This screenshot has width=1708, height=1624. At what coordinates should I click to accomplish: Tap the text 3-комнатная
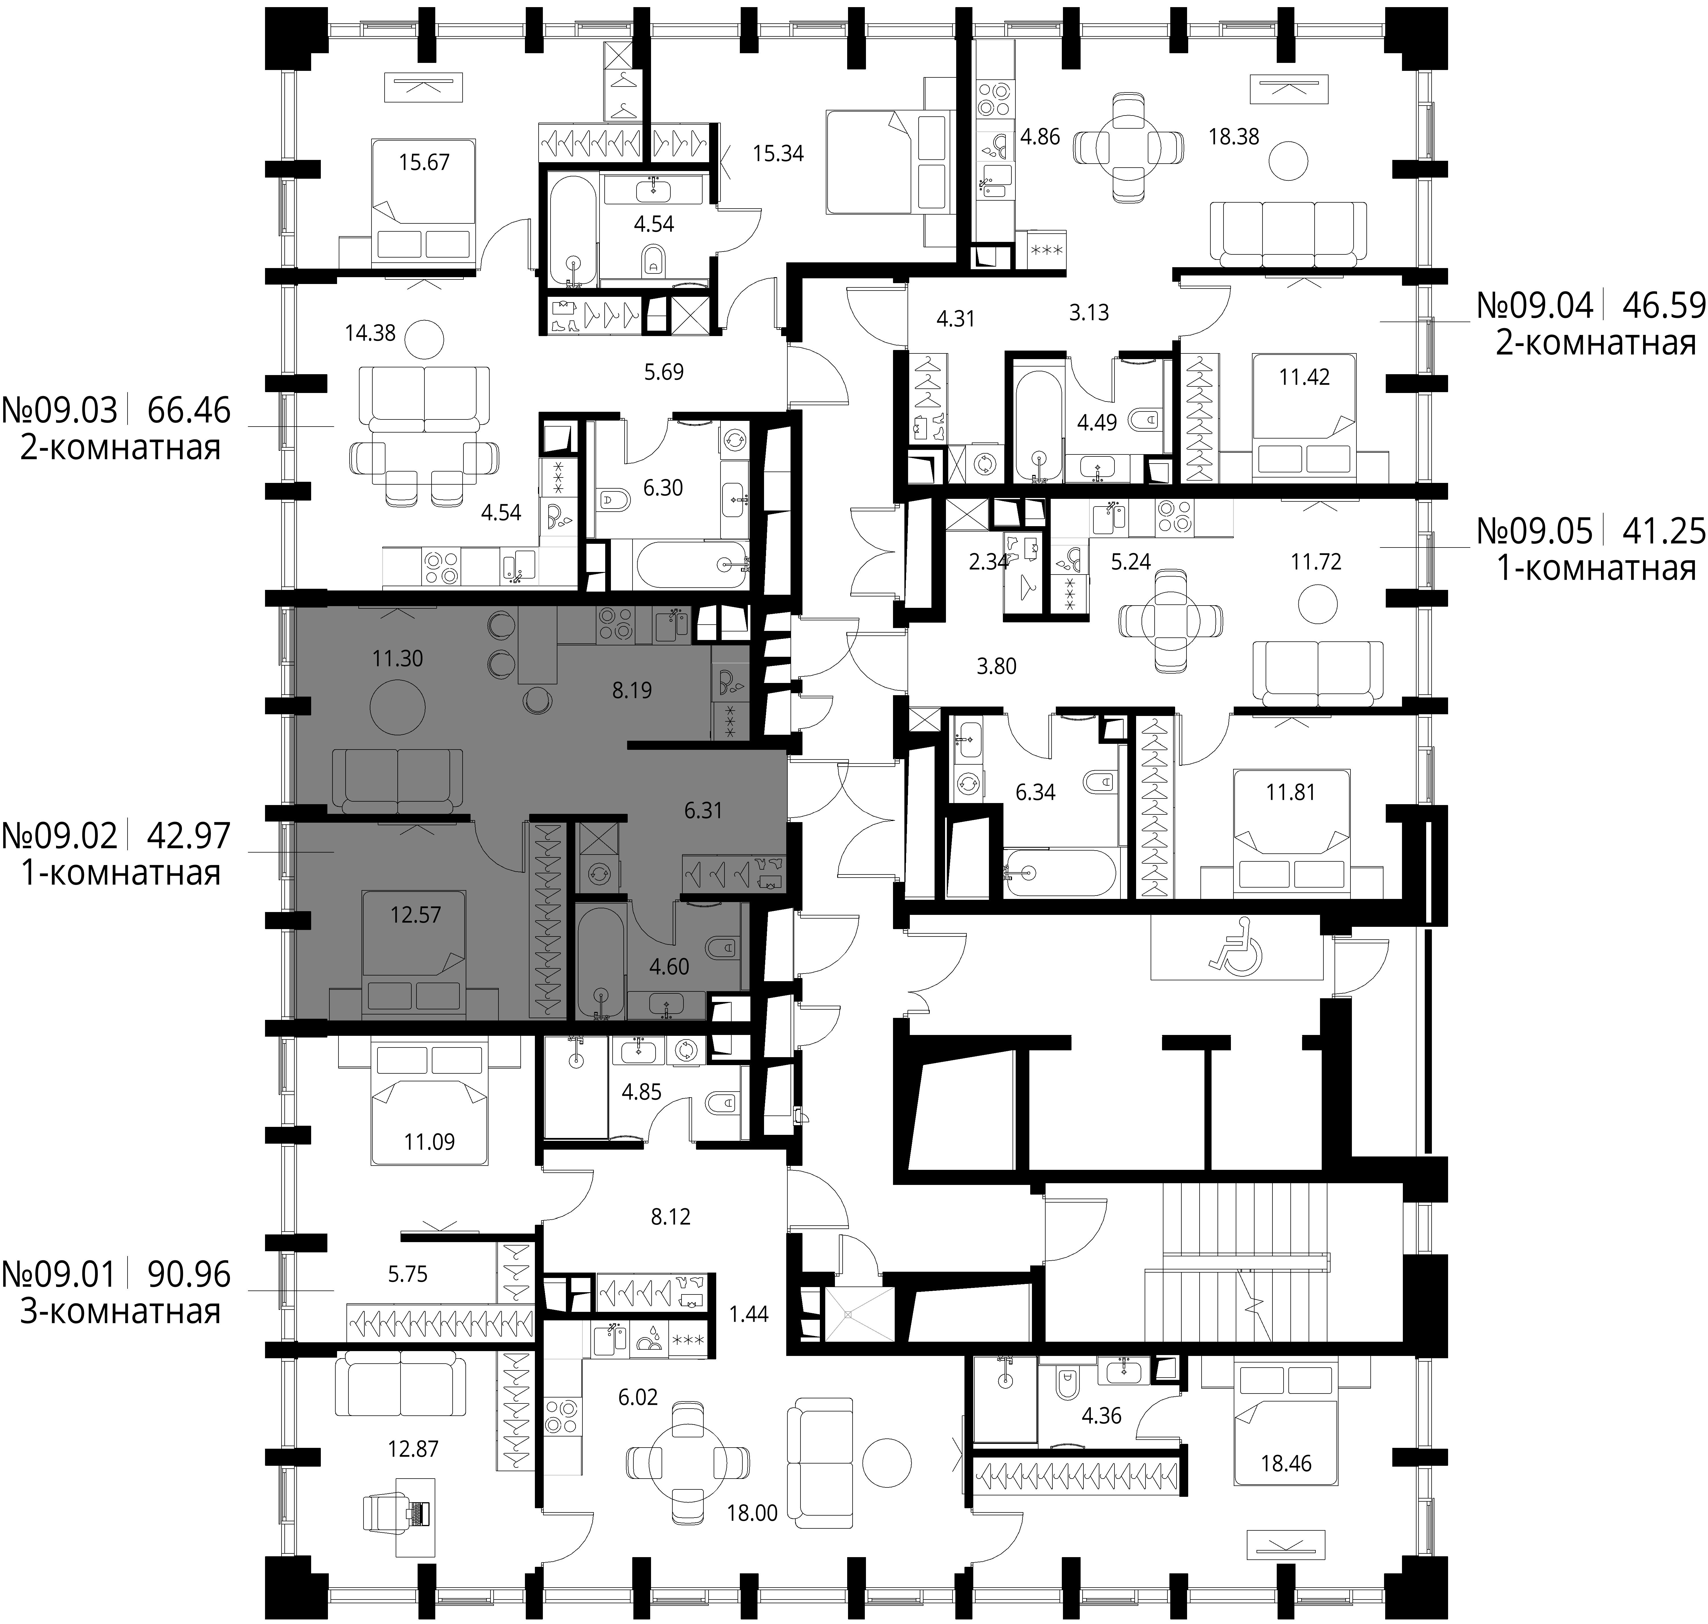pyautogui.click(x=120, y=1311)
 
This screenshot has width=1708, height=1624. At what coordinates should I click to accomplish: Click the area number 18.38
pyautogui.click(x=1233, y=137)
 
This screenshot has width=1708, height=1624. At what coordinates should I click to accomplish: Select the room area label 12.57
pyautogui.click(x=416, y=914)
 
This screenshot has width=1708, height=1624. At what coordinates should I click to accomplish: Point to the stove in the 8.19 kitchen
pyautogui.click(x=615, y=625)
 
